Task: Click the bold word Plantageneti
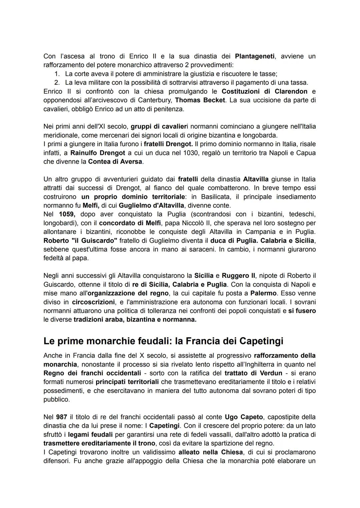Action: point(255,56)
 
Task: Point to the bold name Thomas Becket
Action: point(200,100)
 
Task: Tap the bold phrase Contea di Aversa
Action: point(115,162)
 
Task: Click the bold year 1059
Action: point(67,214)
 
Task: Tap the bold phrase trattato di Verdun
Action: point(253,373)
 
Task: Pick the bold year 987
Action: point(61,417)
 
